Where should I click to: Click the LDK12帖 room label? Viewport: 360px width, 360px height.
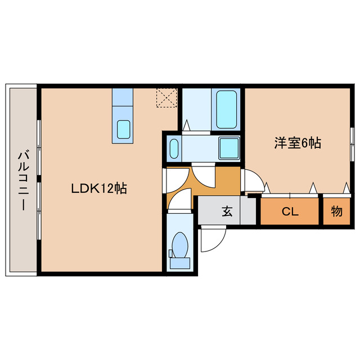coord(98,189)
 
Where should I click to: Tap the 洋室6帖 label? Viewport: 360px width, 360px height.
coord(298,144)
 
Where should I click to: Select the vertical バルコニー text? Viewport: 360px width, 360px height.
coord(22,180)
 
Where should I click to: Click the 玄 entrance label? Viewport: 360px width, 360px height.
coord(227,211)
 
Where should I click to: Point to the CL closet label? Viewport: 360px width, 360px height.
coord(290,212)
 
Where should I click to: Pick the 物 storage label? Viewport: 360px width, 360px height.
coord(336,212)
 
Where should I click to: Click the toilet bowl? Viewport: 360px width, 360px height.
coord(180,245)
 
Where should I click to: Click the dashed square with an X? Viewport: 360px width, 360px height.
coord(166,97)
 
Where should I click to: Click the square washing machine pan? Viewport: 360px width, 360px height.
coord(229,148)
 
